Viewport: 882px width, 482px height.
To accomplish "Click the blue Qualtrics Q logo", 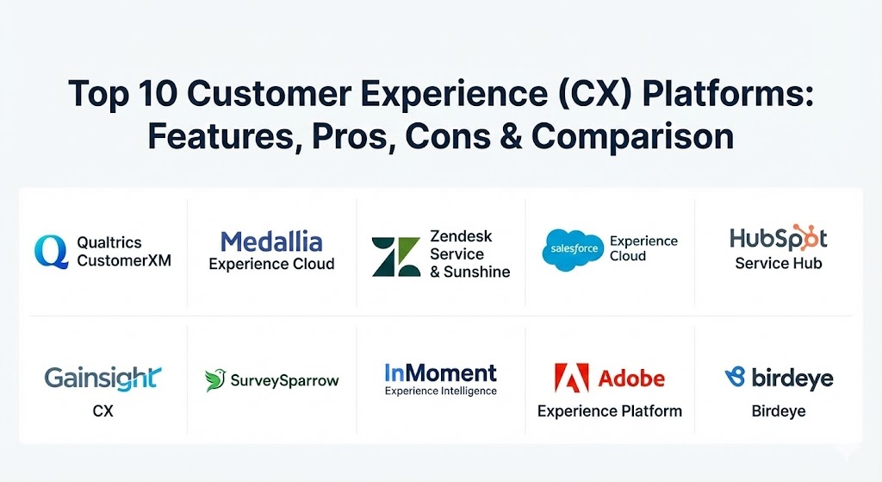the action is click(51, 251).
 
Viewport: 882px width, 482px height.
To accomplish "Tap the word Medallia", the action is click(271, 242).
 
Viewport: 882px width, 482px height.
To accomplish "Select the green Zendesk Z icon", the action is click(396, 257).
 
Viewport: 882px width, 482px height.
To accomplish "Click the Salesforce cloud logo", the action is click(573, 249).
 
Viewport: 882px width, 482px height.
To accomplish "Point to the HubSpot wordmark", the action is click(779, 238).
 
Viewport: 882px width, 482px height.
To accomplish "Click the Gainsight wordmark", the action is click(103, 379).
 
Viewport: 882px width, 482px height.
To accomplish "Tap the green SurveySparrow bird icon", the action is click(214, 380).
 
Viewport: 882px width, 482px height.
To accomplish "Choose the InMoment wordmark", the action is click(440, 372).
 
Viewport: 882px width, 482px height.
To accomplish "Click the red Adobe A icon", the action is click(572, 378).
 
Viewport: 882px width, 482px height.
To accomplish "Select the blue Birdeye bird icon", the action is click(736, 377).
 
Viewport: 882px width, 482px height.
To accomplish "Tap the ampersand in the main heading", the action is click(511, 137).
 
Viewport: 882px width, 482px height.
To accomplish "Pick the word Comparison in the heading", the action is click(633, 137).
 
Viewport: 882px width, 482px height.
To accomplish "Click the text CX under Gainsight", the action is click(103, 411).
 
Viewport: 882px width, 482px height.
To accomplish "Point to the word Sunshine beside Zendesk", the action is click(477, 272).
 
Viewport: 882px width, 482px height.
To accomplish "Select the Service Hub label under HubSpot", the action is click(779, 263).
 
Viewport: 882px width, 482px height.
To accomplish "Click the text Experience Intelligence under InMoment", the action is click(441, 391).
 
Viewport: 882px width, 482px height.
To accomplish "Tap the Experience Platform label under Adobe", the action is click(610, 411).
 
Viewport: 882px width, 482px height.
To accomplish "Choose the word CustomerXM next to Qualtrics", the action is click(124, 260).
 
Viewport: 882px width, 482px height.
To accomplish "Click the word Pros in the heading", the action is click(350, 137).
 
